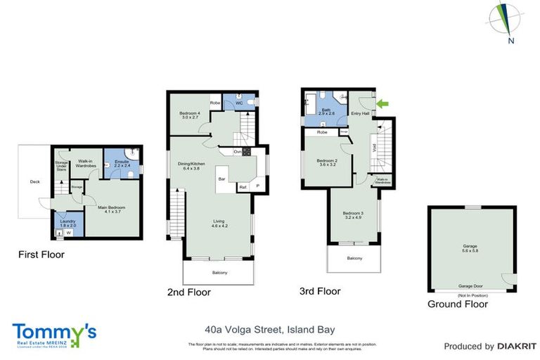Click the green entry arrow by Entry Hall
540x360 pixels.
(x=382, y=105)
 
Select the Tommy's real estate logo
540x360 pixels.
(x=54, y=334)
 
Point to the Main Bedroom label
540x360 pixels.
(x=112, y=208)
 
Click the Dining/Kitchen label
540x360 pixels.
(x=189, y=166)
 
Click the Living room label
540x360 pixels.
(x=219, y=224)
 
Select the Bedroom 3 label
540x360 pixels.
(x=352, y=215)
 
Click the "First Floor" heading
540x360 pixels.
(x=41, y=255)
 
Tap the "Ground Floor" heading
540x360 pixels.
(x=458, y=304)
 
